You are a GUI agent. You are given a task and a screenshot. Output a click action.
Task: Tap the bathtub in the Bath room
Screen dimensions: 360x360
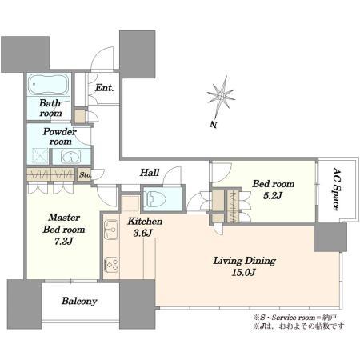pyautogui.click(x=49, y=86)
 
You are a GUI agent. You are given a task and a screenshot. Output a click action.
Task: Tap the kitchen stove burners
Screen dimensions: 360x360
pyautogui.click(x=111, y=262)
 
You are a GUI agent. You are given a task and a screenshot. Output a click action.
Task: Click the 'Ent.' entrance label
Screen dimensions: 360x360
pyautogui.click(x=105, y=88)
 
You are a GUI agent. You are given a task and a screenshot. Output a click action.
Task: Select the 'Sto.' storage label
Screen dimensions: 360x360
pyautogui.click(x=86, y=174)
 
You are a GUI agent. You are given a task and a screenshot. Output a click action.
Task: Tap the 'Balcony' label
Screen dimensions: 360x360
pyautogui.click(x=80, y=302)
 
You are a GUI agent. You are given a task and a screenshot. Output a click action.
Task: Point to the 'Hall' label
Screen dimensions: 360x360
pyautogui.click(x=149, y=172)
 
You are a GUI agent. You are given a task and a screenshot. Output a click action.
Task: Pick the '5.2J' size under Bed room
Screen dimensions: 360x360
pyautogui.click(x=273, y=196)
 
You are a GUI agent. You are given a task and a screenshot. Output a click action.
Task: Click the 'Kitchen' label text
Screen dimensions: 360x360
pyautogui.click(x=145, y=221)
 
